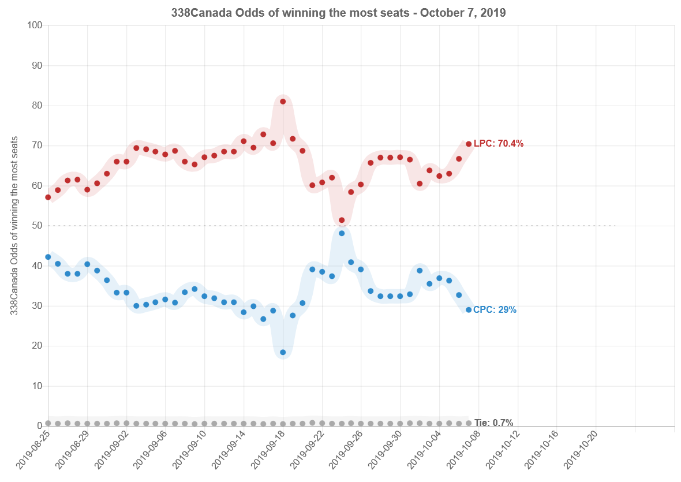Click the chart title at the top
pos(338,13)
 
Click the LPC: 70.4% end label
pos(499,144)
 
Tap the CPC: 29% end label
pos(495,310)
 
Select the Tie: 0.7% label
pos(493,423)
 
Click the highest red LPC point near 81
pos(283,102)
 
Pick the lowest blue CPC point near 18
pos(283,352)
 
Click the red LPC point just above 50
pos(342,221)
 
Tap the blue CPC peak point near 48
pos(342,233)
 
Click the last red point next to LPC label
pos(469,144)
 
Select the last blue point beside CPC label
pos(469,310)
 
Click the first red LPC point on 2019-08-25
pos(48,197)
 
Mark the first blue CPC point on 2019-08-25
pos(48,257)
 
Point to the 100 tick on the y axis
pos(35,25)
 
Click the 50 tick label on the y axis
pos(37,226)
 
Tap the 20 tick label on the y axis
pos(37,346)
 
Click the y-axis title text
pos(14,226)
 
